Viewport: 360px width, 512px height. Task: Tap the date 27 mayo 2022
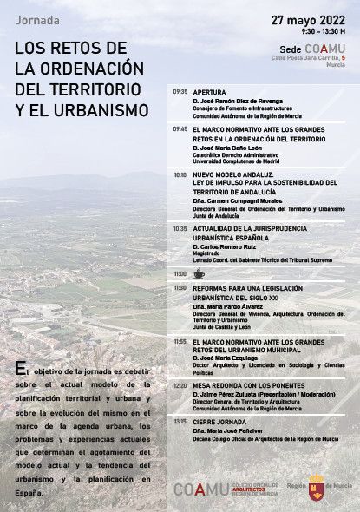[309, 19]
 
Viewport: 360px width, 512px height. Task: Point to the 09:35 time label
[180, 90]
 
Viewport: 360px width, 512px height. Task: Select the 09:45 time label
[180, 128]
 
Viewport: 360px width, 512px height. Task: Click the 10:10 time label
[180, 174]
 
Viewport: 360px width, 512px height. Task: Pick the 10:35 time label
[180, 228]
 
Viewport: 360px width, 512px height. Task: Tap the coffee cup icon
[199, 273]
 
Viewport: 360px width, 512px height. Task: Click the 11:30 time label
[180, 287]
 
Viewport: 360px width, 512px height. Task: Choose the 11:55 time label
[180, 341]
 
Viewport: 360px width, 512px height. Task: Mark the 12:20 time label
[180, 383]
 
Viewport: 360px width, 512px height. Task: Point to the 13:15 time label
[180, 421]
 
